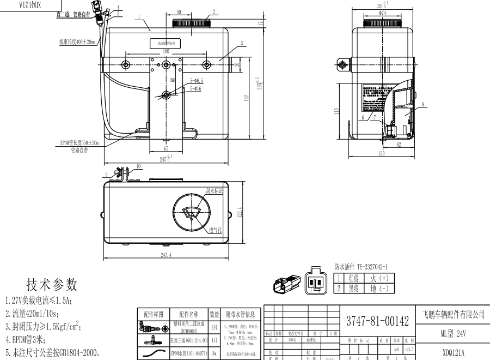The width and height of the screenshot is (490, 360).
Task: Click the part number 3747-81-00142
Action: coord(376,321)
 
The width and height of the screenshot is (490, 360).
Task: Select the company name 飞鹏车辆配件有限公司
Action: coord(453,315)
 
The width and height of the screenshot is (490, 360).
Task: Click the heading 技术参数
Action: coord(52,284)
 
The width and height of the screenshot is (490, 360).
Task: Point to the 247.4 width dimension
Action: coord(167,255)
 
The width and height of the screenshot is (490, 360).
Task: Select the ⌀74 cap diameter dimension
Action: coord(383,12)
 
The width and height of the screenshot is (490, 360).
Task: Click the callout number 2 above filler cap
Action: coord(214,10)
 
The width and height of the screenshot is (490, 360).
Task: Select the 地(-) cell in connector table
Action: coord(379,288)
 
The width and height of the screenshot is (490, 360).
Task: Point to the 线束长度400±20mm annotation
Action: coord(77,41)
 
